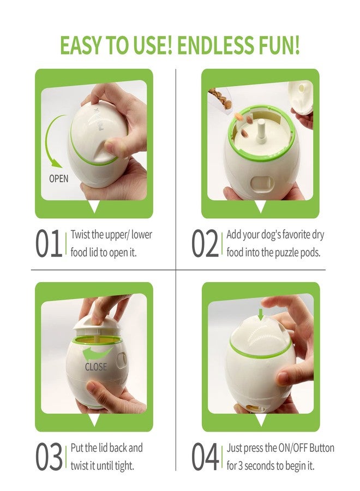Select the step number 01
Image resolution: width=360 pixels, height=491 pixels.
point(50,243)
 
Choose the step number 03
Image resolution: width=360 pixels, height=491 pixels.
point(50,456)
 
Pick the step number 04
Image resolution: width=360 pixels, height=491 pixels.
point(206,456)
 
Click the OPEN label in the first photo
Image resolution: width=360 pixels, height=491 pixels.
point(59,178)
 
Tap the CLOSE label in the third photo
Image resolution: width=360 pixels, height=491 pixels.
point(96,367)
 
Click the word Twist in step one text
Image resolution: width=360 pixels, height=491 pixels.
point(81,235)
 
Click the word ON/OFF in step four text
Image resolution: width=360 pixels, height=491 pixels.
point(280,448)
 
